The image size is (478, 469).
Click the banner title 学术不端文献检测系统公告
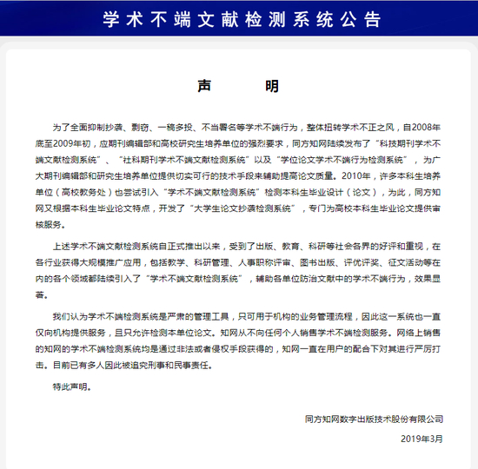239,17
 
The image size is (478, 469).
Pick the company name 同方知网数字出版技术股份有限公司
374,419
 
